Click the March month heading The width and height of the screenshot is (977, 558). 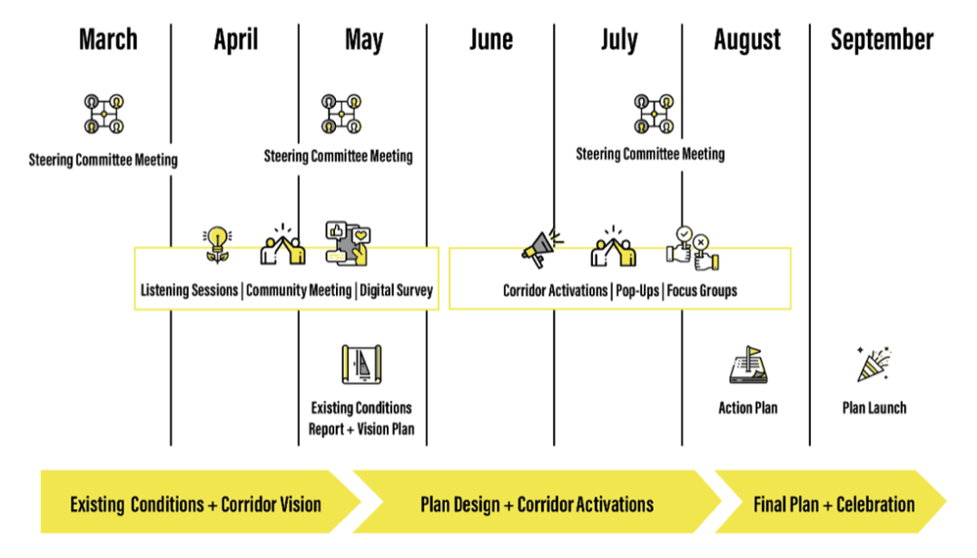click(108, 40)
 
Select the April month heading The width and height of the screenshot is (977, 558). click(236, 40)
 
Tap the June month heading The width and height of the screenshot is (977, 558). click(491, 40)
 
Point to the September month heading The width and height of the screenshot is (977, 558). click(882, 40)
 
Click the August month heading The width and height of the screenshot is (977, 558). click(746, 40)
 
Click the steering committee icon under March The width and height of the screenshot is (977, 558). click(104, 114)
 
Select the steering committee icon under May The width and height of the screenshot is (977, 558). click(341, 113)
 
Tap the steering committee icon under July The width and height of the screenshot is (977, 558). click(654, 113)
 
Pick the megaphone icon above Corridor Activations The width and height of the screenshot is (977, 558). click(542, 248)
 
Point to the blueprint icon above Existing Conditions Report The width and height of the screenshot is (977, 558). click(361, 367)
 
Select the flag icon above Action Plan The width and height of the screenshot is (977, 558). click(748, 366)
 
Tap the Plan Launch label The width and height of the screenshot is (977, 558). click(873, 408)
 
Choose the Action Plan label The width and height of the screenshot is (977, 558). click(747, 408)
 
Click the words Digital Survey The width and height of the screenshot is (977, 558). click(396, 291)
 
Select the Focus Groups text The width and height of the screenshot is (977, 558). click(702, 291)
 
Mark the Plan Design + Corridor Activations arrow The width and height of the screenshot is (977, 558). click(537, 504)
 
